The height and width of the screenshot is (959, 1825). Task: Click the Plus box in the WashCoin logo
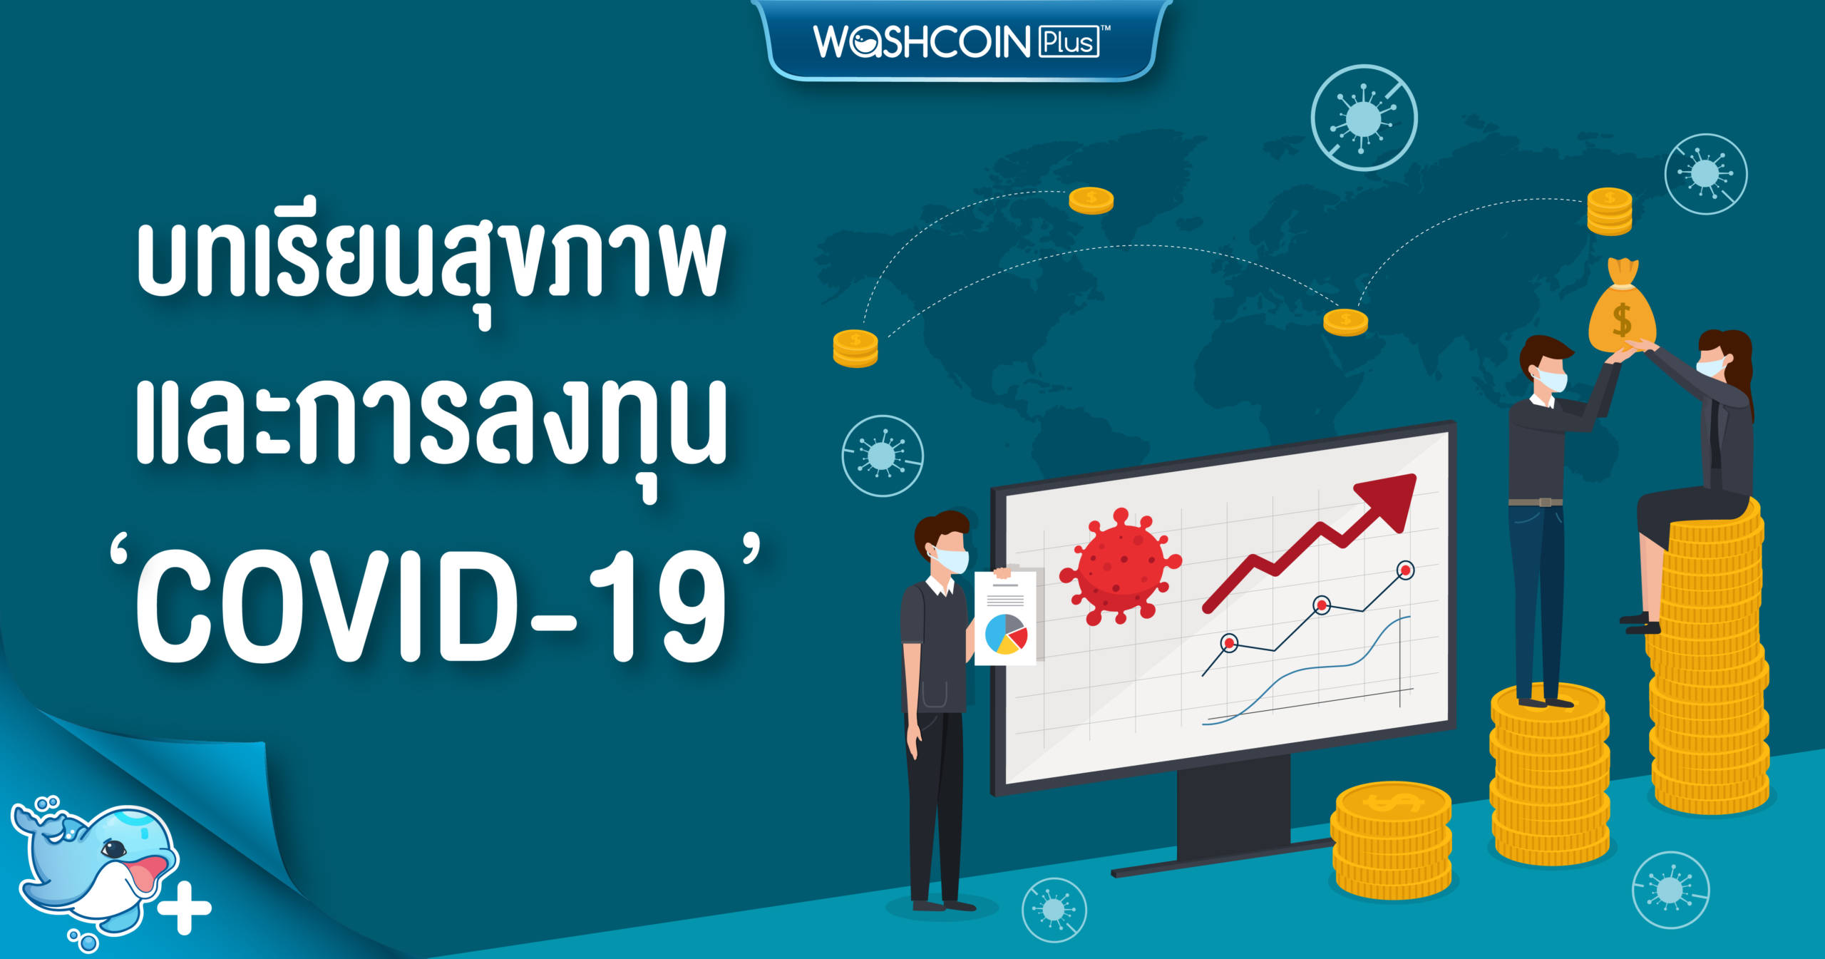1069,42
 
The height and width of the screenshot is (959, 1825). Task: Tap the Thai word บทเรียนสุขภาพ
431,267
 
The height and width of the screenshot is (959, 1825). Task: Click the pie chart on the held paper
1006,634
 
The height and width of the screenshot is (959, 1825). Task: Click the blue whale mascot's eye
114,848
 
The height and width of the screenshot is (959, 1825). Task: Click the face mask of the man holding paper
952,560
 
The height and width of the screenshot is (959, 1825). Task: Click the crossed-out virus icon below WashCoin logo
1364,118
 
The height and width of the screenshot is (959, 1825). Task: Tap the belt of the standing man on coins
1536,503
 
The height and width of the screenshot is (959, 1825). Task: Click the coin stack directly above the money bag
1610,212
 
